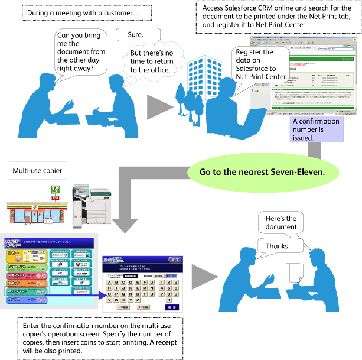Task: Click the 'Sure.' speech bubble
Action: coord(135,34)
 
